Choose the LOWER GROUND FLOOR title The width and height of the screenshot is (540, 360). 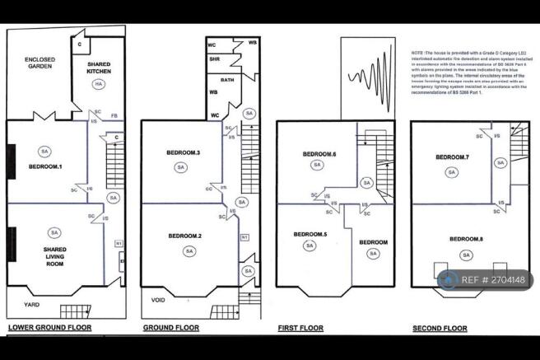(49, 328)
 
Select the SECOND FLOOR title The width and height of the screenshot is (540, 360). (440, 329)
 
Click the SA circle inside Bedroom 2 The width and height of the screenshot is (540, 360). (189, 251)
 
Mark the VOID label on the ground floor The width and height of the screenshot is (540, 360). (158, 301)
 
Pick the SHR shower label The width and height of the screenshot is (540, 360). (214, 58)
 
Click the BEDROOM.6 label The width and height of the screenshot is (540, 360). (319, 153)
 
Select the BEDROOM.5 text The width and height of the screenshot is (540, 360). (310, 234)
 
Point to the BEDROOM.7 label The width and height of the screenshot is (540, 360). (452, 157)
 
